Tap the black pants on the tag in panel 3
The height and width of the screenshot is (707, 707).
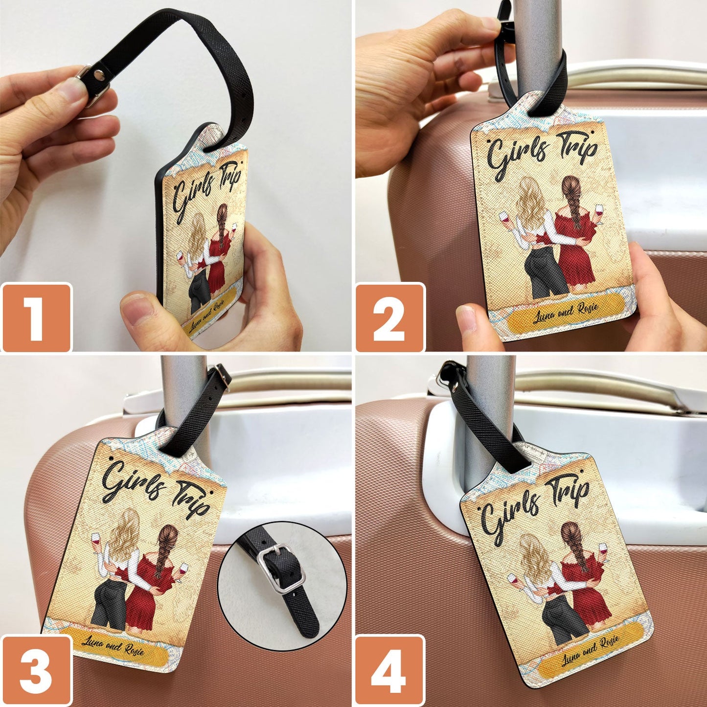pos(108,607)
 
